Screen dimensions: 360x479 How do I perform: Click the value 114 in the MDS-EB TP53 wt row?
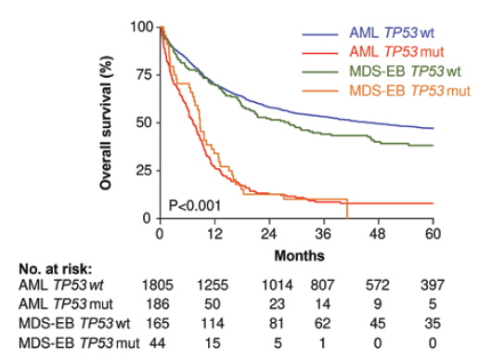click(x=220, y=325)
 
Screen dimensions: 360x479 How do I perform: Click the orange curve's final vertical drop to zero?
click(x=347, y=209)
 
